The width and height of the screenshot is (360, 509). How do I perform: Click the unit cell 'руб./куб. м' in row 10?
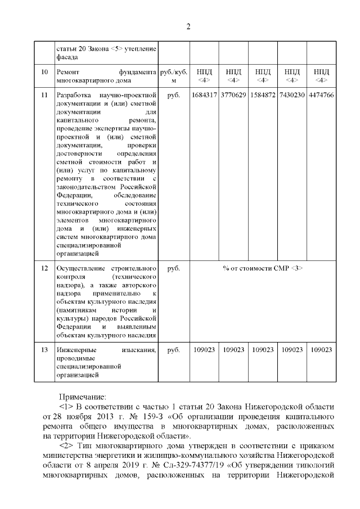click(174, 76)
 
